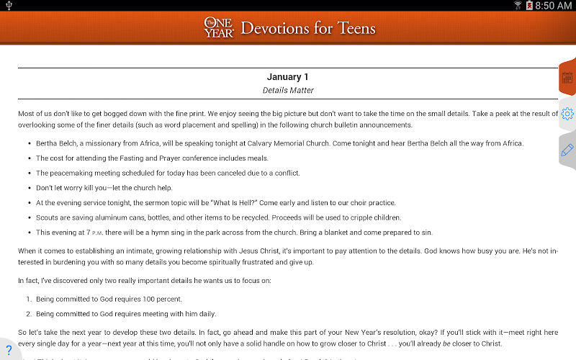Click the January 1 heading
[x=288, y=77]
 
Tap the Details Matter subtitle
[x=288, y=91]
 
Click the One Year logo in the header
[x=218, y=28]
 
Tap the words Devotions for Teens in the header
[x=308, y=29]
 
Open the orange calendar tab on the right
[x=567, y=78]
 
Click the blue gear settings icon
[x=567, y=114]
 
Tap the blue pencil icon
[x=567, y=150]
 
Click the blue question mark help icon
[x=9, y=350]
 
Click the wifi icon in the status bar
[x=518, y=6]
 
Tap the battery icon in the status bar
[x=530, y=6]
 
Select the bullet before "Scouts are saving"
[x=29, y=217]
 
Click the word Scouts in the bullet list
[x=48, y=217]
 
